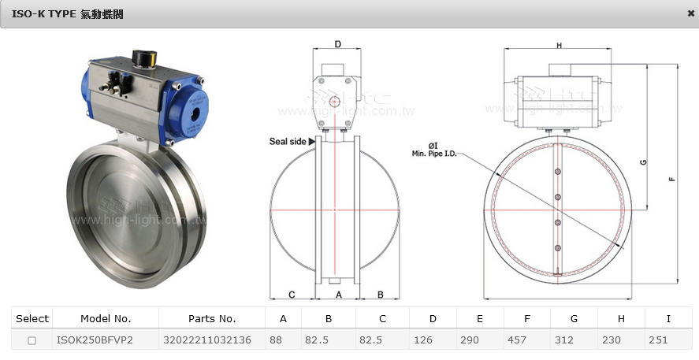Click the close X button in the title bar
tap(691, 13)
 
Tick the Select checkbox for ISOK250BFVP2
tap(32, 340)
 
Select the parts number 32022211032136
tap(207, 340)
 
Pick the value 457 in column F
tap(516, 340)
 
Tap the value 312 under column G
tap(564, 340)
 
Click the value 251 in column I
tap(659, 340)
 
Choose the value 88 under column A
tap(276, 340)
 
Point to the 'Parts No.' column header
tap(212, 318)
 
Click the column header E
tap(480, 318)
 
